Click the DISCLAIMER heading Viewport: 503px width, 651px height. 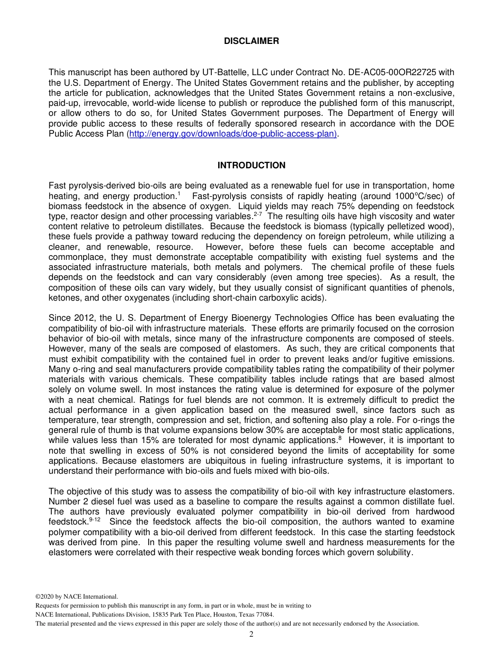tap(251, 41)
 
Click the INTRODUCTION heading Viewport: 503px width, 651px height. tap(251, 166)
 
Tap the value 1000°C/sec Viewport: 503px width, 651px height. tap(418, 196)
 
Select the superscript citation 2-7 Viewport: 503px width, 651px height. tap(257, 214)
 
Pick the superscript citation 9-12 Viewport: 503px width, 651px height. tap(94, 520)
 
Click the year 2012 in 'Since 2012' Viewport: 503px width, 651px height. tap(85, 318)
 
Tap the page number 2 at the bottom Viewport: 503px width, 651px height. tap(251, 635)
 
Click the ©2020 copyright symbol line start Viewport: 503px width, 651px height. tap(39, 596)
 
